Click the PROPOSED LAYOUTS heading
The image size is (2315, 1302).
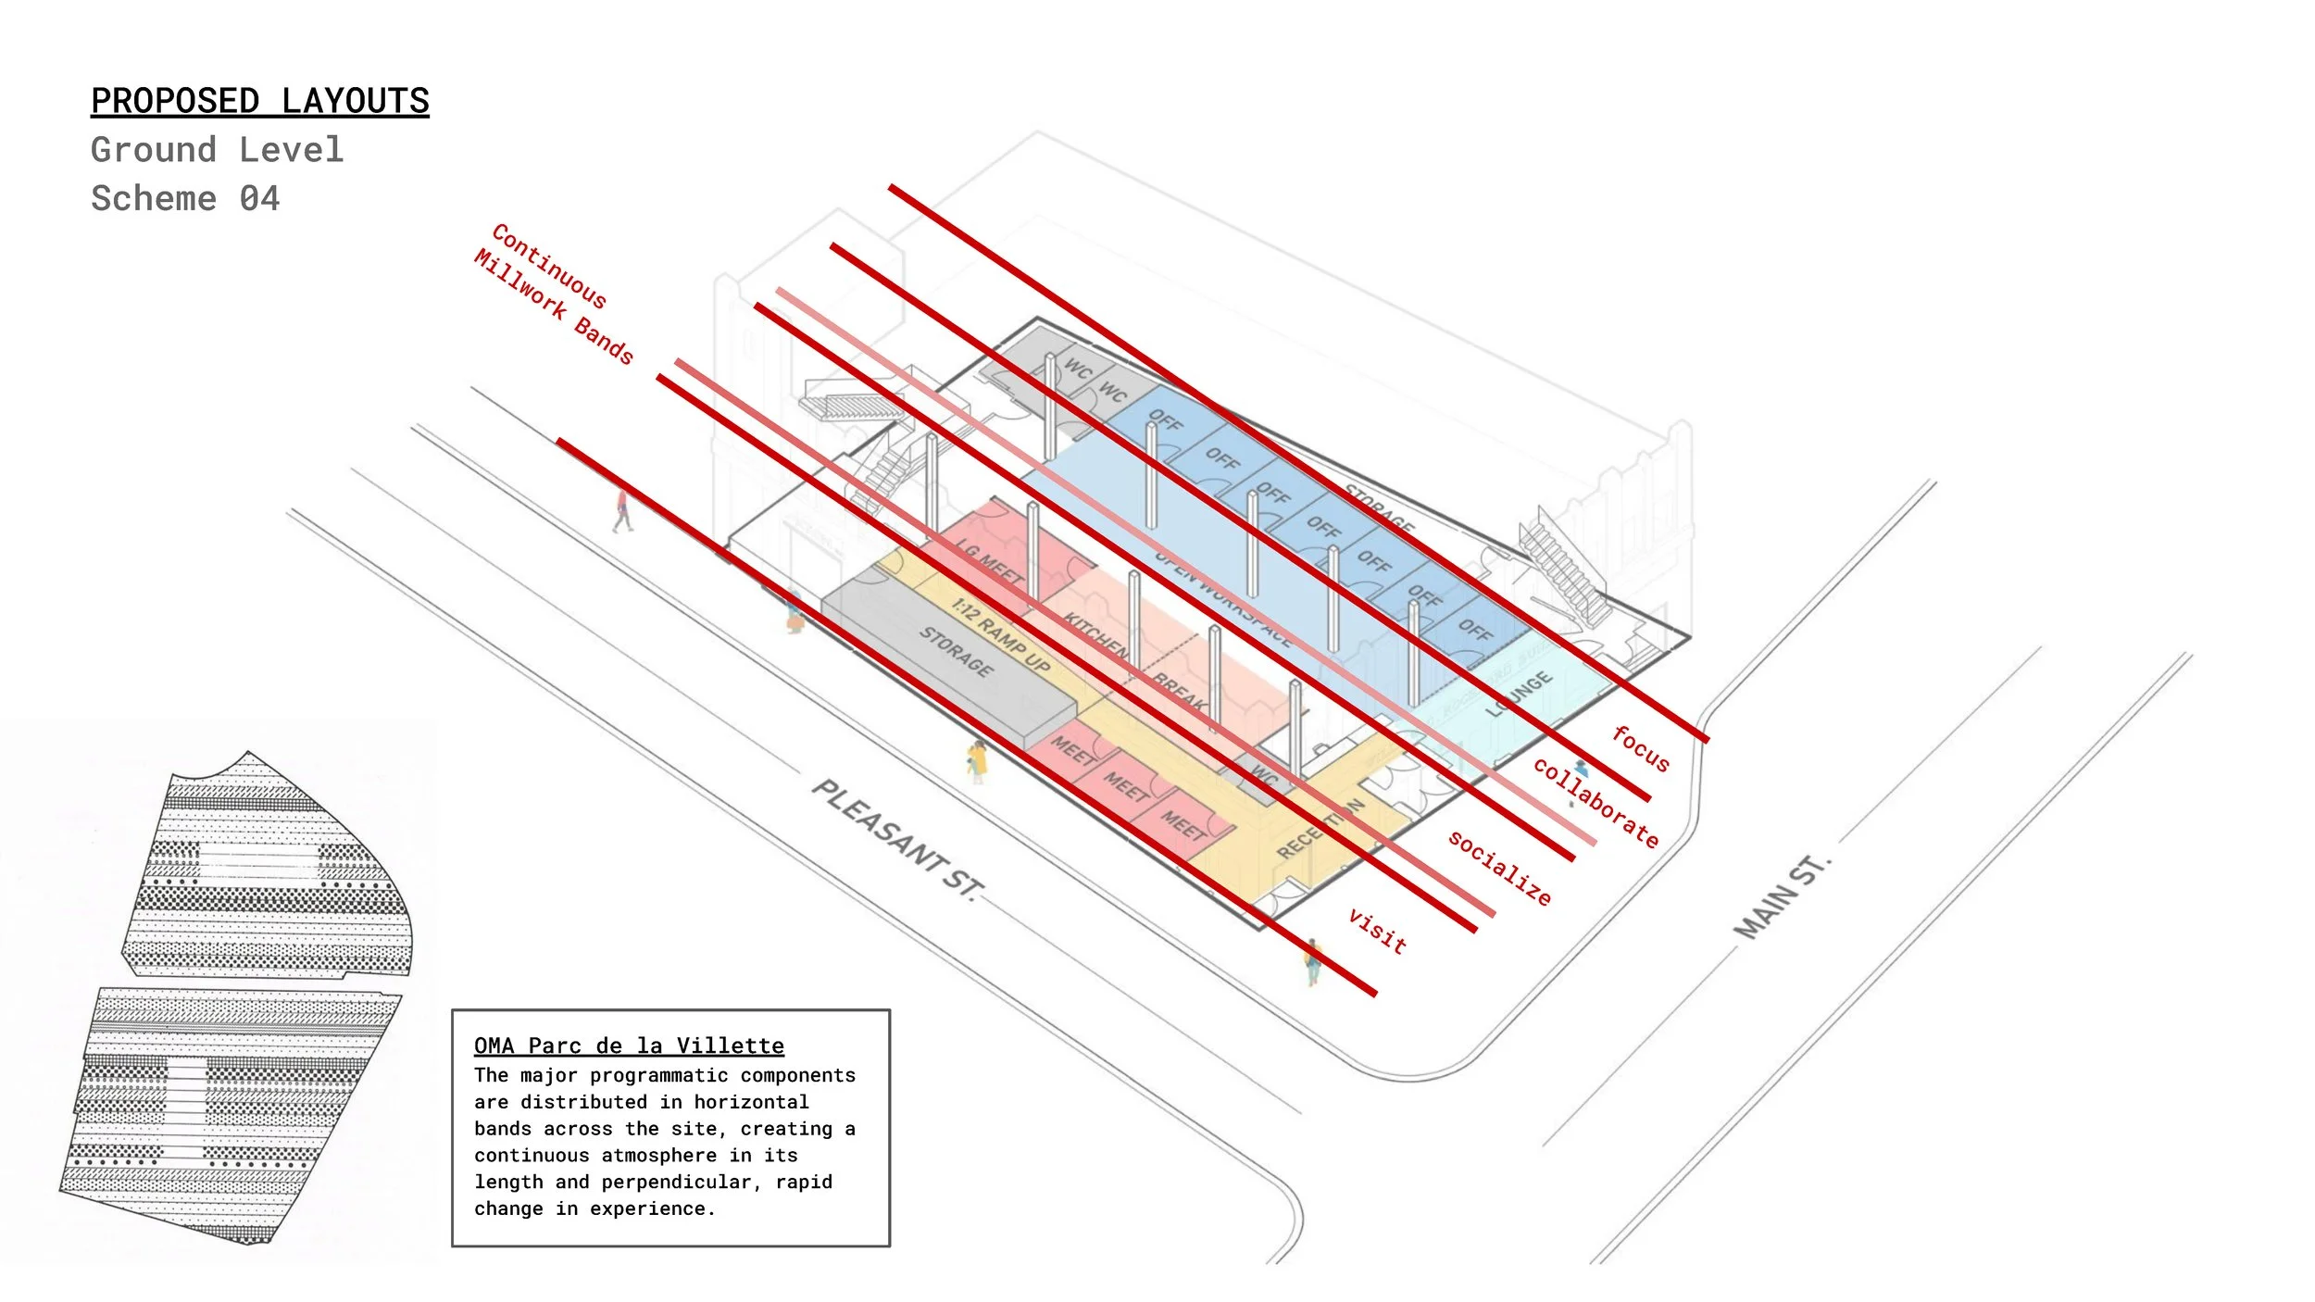pos(260,101)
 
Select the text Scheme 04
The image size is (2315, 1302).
pos(185,199)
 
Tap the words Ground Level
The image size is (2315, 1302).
pos(218,150)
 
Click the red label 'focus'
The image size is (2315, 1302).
pos(1641,749)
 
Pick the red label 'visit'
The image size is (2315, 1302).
pos(1378,931)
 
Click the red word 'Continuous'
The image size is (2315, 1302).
pos(549,266)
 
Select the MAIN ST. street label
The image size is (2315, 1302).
pos(1782,897)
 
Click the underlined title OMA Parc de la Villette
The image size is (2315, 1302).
pos(629,1045)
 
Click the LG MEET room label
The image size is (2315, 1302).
pos(990,562)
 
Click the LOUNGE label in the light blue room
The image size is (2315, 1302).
pos(1520,694)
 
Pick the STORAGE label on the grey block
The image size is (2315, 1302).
pos(957,650)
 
